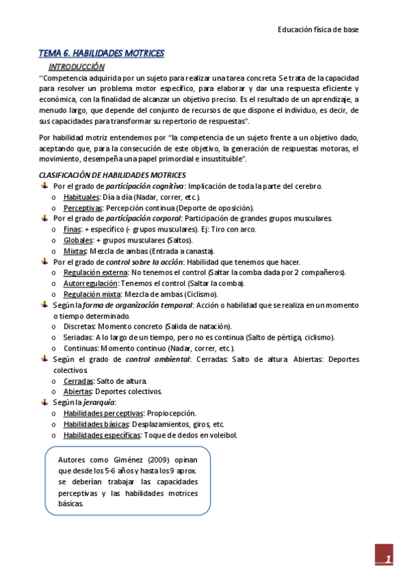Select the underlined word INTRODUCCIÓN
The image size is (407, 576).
pos(76,67)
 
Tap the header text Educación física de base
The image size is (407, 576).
pos(318,30)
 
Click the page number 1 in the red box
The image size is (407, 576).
pos(388,559)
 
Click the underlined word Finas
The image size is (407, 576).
pos(72,230)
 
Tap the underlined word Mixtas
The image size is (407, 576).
pos(75,251)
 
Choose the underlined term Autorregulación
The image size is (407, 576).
pos(92,283)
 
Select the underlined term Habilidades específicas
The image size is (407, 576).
pos(103,435)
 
